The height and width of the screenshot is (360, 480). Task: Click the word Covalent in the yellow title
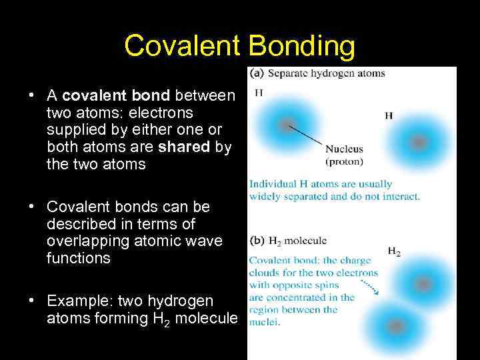click(x=182, y=46)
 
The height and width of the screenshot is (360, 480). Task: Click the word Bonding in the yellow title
click(x=303, y=46)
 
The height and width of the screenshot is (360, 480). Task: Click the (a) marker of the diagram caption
click(x=256, y=73)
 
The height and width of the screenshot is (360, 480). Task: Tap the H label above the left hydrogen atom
click(x=259, y=93)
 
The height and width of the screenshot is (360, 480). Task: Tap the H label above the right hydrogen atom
click(x=389, y=115)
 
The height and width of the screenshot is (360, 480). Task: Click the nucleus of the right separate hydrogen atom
click(x=418, y=142)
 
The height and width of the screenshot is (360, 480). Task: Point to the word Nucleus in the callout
click(x=344, y=149)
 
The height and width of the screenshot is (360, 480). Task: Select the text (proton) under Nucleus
click(x=344, y=161)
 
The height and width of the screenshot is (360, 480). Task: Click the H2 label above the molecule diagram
click(x=394, y=252)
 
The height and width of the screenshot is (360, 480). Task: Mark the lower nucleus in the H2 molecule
click(x=395, y=327)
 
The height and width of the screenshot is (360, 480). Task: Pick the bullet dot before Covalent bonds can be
click(x=31, y=206)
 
